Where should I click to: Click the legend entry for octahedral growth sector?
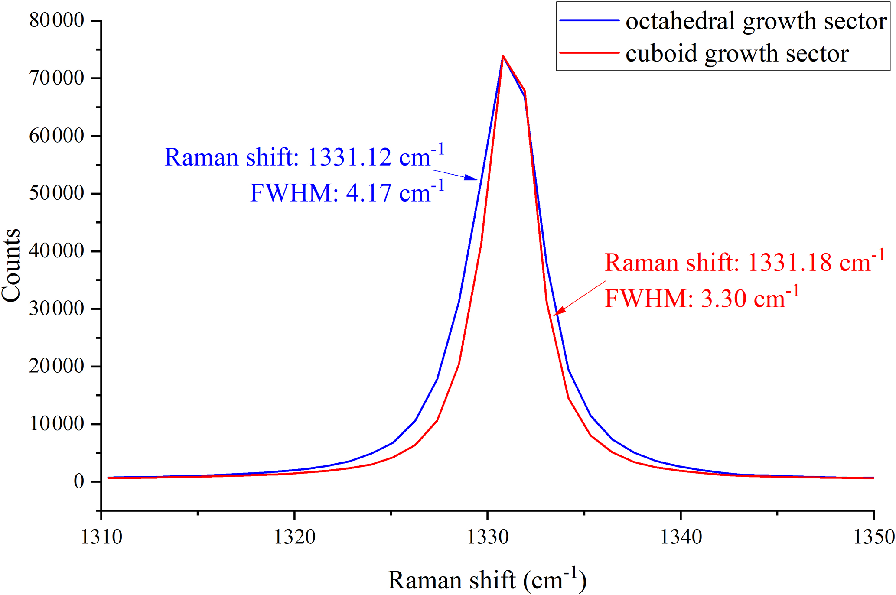tap(756, 21)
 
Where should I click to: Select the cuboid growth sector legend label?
tap(737, 54)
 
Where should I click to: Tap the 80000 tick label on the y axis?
tap(57, 20)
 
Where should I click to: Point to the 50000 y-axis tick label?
tap(57, 193)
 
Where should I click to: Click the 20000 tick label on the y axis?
tap(57, 366)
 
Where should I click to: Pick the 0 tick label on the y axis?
tap(79, 481)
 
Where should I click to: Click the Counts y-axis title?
tap(11, 265)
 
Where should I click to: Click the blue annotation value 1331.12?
tap(349, 157)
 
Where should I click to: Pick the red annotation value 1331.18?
tap(790, 263)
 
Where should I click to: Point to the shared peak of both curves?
tap(503, 56)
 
